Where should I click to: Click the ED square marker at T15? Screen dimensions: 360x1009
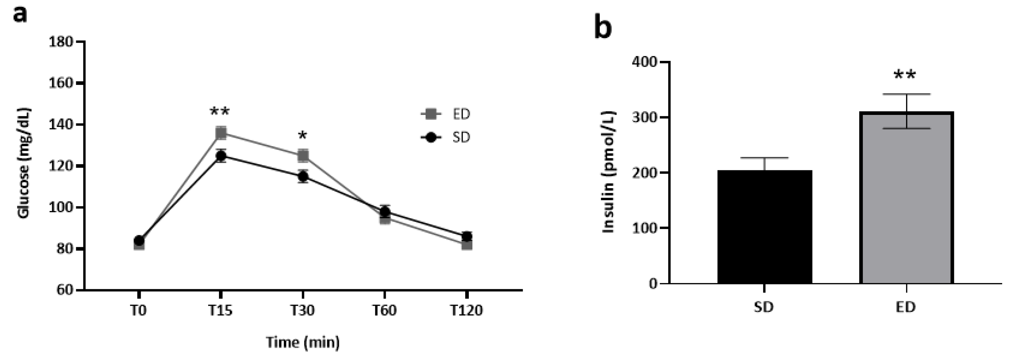click(221, 133)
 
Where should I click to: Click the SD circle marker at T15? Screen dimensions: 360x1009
click(221, 156)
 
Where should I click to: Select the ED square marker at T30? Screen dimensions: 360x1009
click(303, 156)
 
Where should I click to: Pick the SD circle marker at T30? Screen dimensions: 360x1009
click(303, 177)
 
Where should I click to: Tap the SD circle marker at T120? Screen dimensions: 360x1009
click(467, 237)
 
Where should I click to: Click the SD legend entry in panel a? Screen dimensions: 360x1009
click(447, 138)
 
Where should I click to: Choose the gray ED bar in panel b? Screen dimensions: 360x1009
click(906, 198)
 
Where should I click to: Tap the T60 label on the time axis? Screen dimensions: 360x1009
click(384, 311)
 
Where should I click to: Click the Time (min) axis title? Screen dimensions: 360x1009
click(303, 342)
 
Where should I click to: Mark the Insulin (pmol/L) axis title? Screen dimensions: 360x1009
click(608, 172)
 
